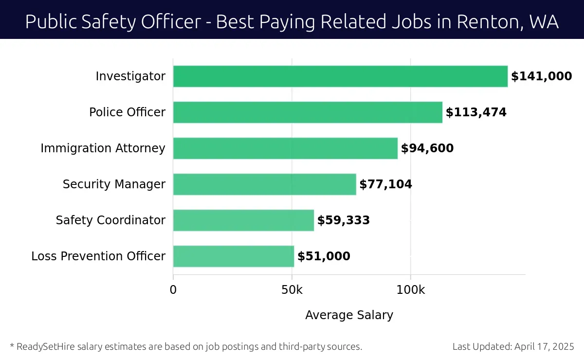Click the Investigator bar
[x=340, y=76]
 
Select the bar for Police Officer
[x=308, y=112]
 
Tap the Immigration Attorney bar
[x=285, y=148]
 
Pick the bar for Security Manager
[x=264, y=184]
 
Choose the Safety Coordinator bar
[x=243, y=220]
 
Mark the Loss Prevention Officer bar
[x=234, y=256]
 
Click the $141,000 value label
[x=541, y=76]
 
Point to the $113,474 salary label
[x=476, y=112]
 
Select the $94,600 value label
[x=427, y=148]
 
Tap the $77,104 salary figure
[x=385, y=184]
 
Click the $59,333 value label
[x=343, y=220]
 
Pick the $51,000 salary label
[x=324, y=256]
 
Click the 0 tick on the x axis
[x=173, y=290]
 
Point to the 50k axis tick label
[x=292, y=290]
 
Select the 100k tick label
[x=410, y=290]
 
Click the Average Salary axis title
[x=349, y=315]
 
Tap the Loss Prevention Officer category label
[x=98, y=256]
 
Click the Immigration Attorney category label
[x=103, y=148]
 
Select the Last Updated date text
[x=513, y=347]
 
